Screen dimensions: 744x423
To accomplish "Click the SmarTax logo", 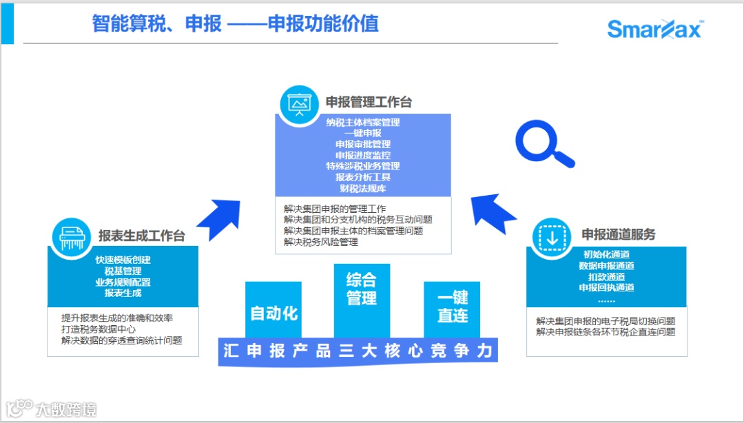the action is click(x=654, y=29).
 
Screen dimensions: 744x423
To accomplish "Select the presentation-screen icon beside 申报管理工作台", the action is click(x=299, y=104).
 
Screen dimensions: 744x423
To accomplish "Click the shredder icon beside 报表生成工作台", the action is click(x=72, y=237).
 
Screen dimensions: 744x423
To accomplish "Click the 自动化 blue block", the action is click(x=273, y=312).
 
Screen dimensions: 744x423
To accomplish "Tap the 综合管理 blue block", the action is click(x=362, y=290).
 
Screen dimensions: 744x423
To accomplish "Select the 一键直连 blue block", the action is click(x=452, y=307).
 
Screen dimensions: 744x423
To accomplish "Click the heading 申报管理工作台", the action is click(x=369, y=103).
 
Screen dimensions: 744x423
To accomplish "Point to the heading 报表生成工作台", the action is click(x=141, y=236).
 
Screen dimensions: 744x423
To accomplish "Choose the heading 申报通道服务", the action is click(x=618, y=234).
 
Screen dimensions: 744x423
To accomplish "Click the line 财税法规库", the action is click(x=363, y=188).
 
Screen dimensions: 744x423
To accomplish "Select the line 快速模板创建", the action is click(x=123, y=260).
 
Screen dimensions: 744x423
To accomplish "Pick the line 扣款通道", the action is click(x=606, y=277).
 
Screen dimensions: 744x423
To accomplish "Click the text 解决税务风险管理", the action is click(x=321, y=242).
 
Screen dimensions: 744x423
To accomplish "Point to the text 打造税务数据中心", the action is click(x=98, y=329).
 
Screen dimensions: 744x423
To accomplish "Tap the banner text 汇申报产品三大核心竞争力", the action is click(x=358, y=351).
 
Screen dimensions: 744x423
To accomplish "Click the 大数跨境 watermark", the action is click(x=51, y=409).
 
